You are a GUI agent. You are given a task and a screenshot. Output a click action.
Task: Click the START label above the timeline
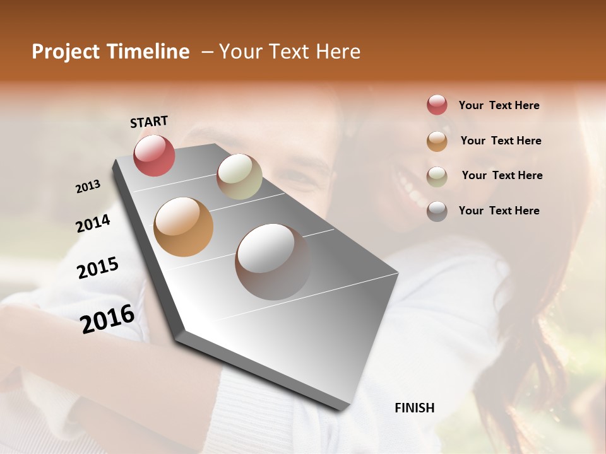pyautogui.click(x=149, y=122)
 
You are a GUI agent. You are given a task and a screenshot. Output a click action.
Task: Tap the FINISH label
pyautogui.click(x=415, y=408)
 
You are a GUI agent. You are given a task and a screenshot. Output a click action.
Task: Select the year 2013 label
pyautogui.click(x=88, y=187)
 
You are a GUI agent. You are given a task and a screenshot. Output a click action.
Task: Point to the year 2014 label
pyautogui.click(x=93, y=223)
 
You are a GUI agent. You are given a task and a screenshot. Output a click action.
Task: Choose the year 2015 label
pyautogui.click(x=98, y=268)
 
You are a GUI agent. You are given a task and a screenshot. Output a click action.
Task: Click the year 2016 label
pyautogui.click(x=107, y=318)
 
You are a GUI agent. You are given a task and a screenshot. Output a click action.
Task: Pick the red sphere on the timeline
pyautogui.click(x=154, y=155)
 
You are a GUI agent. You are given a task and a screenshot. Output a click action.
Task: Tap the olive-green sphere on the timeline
pyautogui.click(x=239, y=177)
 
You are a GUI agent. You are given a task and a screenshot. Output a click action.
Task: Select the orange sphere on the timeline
pyautogui.click(x=183, y=227)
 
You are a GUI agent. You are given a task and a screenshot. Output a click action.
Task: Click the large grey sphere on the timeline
pyautogui.click(x=272, y=262)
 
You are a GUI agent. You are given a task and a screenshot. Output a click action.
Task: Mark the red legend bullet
pyautogui.click(x=437, y=105)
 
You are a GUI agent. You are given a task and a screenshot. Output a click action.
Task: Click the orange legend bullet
pyautogui.click(x=437, y=141)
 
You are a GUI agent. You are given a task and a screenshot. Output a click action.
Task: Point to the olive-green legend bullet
pyautogui.click(x=437, y=177)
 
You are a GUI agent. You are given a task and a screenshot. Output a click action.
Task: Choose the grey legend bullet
pyautogui.click(x=437, y=211)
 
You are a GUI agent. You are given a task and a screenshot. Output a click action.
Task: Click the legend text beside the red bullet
pyautogui.click(x=499, y=105)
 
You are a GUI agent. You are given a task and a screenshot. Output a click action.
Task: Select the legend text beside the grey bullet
pyautogui.click(x=499, y=211)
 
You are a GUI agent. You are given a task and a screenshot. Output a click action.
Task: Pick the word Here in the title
pyautogui.click(x=338, y=52)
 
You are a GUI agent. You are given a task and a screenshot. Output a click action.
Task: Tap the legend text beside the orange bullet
pyautogui.click(x=501, y=141)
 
